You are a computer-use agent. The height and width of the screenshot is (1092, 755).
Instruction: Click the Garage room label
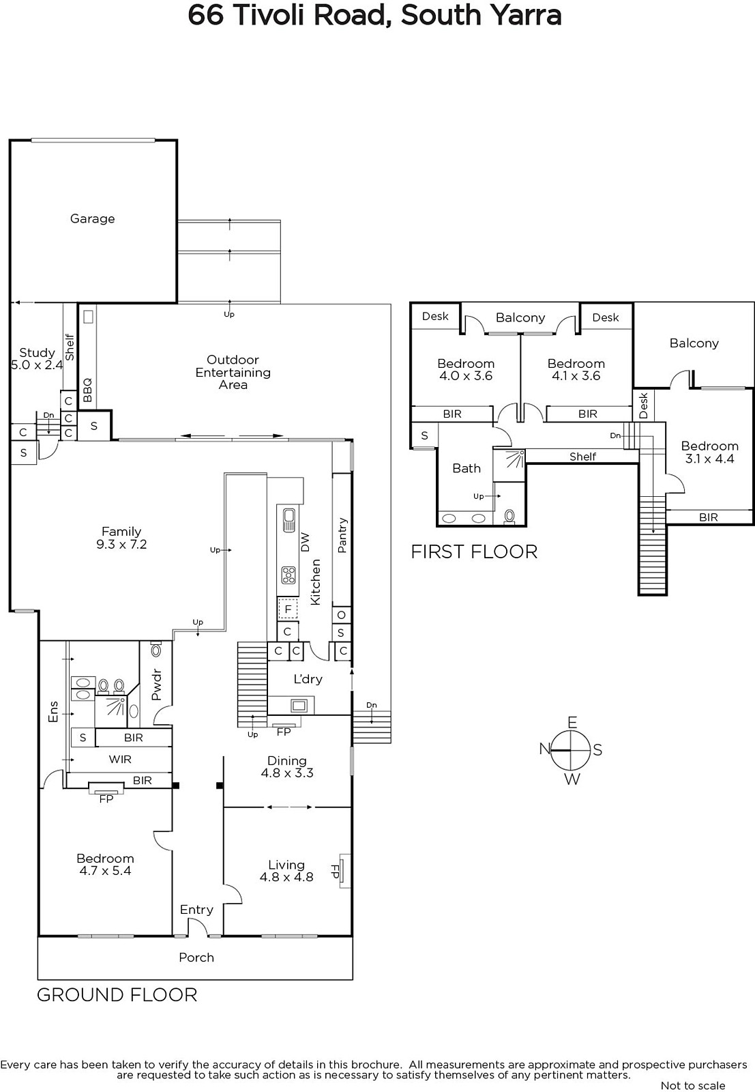[x=93, y=219]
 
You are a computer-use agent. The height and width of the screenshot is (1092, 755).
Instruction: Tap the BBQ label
[x=88, y=390]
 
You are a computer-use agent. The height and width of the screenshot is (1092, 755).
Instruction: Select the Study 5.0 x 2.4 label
[x=37, y=359]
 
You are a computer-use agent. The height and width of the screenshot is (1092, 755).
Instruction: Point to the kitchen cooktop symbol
[x=288, y=575]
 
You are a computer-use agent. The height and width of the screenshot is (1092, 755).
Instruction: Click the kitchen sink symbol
[x=288, y=520]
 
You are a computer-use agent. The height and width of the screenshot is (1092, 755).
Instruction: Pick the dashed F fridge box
[x=288, y=609]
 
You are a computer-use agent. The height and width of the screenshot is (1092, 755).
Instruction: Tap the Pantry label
[x=342, y=535]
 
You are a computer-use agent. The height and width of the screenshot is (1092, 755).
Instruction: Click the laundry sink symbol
[x=298, y=705]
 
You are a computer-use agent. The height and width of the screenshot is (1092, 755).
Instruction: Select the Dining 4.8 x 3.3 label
[x=287, y=767]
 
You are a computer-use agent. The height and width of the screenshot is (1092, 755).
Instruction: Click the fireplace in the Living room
[x=344, y=871]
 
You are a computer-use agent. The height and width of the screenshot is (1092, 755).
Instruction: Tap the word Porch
[x=196, y=958]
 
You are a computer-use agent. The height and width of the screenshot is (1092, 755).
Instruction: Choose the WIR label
[x=120, y=760]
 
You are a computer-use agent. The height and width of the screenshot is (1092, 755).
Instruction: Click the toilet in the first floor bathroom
[x=509, y=516]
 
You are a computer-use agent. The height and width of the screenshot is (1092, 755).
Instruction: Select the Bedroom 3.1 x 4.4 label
[x=710, y=452]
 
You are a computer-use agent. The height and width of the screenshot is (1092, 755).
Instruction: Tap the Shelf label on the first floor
[x=582, y=457]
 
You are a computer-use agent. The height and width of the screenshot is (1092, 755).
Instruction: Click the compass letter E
[x=572, y=722]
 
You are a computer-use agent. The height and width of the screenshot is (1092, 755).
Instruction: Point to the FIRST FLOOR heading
[x=474, y=552]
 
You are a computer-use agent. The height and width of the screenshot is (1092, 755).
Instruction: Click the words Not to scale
[x=693, y=1086]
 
